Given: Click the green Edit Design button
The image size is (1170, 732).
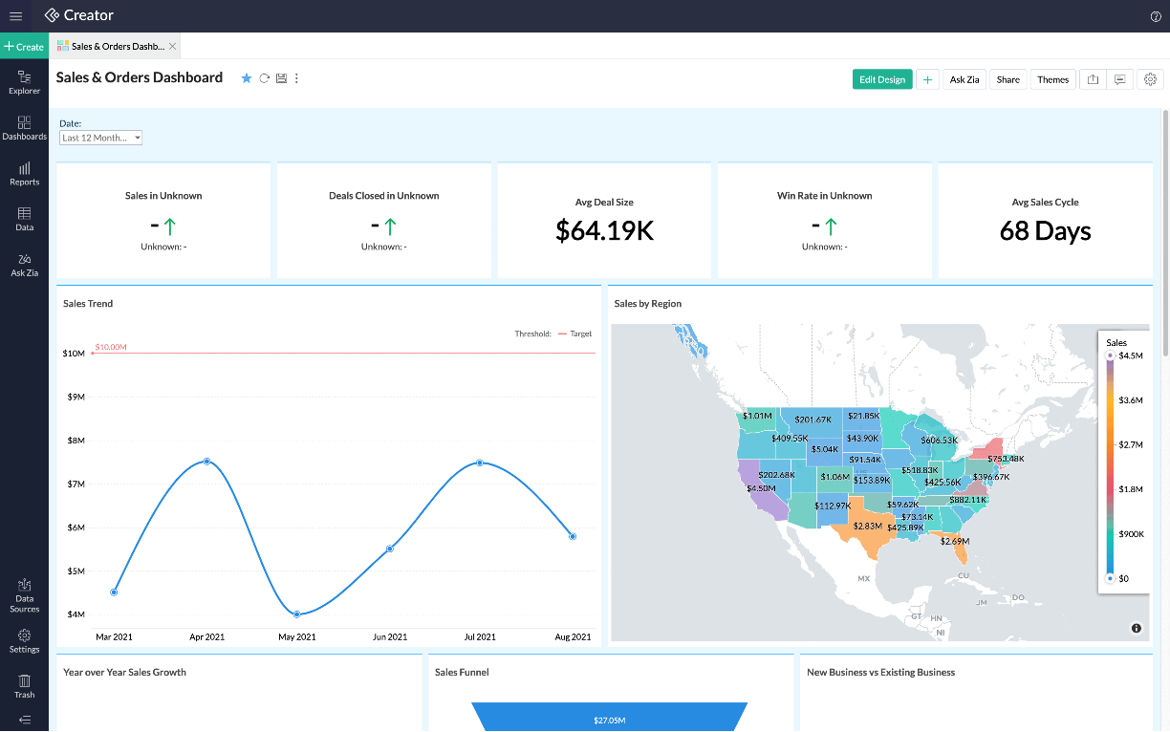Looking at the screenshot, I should pos(881,79).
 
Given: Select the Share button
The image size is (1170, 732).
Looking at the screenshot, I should pos(1007,79).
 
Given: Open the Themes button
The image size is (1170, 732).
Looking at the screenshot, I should pos(1052,79).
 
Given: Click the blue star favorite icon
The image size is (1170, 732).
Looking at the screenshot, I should pos(246,78).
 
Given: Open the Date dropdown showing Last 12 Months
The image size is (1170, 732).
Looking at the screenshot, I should pos(100,138).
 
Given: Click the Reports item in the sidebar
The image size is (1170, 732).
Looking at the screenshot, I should pos(24,173).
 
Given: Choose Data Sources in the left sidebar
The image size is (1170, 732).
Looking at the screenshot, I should pos(24,595).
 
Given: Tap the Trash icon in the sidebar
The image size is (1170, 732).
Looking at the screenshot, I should pos(24,685).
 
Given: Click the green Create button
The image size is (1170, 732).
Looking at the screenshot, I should pos(24,46).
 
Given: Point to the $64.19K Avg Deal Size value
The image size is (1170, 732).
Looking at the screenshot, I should pos(604,230).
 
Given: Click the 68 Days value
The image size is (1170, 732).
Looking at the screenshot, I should pos(1045,230).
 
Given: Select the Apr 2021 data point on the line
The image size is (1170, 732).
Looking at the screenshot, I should pos(206,462).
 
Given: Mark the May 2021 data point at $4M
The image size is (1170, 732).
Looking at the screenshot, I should pos(297,614).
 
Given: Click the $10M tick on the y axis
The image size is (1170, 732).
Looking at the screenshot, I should pos(74,354).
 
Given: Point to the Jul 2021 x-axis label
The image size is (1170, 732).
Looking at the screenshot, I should pos(480,636).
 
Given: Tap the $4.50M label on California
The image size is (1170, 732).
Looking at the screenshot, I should pos(761,488).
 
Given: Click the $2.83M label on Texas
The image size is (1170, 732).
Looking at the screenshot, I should pos(867,527).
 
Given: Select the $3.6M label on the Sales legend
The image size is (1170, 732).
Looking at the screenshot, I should pos(1130,400).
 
